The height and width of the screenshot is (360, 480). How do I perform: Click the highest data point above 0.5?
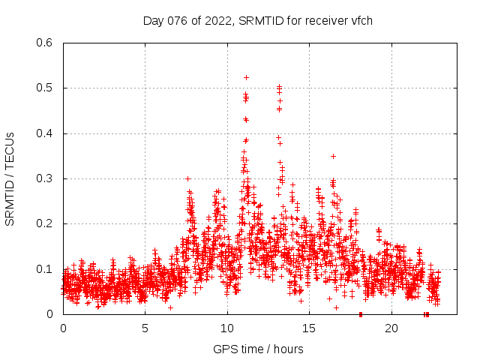(246, 77)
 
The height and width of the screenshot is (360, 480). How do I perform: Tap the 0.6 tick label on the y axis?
(46, 43)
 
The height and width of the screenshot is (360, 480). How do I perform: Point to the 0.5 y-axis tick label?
(46, 88)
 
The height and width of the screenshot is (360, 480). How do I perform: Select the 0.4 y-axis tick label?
(46, 133)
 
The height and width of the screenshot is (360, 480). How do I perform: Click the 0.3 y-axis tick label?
(46, 178)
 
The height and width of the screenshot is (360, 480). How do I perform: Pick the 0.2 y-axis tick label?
(46, 223)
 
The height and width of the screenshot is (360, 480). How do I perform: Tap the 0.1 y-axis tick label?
(46, 268)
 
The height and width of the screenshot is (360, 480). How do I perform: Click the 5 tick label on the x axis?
(145, 328)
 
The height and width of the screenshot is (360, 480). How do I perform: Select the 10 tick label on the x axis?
(226, 328)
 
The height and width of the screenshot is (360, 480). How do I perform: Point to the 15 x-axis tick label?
(309, 328)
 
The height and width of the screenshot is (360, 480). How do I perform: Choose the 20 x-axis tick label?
(391, 328)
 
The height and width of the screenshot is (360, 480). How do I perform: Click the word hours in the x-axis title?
(287, 349)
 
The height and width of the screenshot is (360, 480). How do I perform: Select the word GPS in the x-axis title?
(223, 349)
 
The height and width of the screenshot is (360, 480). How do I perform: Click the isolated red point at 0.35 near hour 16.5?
(333, 156)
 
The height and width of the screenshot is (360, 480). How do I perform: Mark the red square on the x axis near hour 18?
(361, 313)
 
